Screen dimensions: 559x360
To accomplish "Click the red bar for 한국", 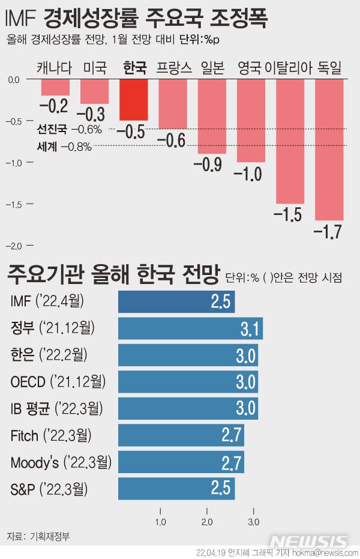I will pyautogui.click(x=134, y=100).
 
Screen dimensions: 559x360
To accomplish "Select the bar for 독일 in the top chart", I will pyautogui.click(x=329, y=150).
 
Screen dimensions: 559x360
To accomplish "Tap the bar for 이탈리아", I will pyautogui.click(x=290, y=141).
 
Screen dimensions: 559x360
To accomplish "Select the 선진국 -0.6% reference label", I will pyautogui.click(x=70, y=128).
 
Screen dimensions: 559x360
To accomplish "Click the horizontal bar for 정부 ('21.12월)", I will pyautogui.click(x=190, y=328).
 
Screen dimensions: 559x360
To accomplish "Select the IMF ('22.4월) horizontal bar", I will pyautogui.click(x=176, y=302).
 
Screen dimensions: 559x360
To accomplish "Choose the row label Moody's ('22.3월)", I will pyautogui.click(x=61, y=462).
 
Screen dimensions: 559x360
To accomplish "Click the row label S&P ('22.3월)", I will pyautogui.click(x=49, y=489).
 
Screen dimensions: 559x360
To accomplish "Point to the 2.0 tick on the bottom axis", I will pyautogui.click(x=207, y=521).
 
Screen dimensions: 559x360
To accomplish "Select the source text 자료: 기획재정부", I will pyautogui.click(x=38, y=536).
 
